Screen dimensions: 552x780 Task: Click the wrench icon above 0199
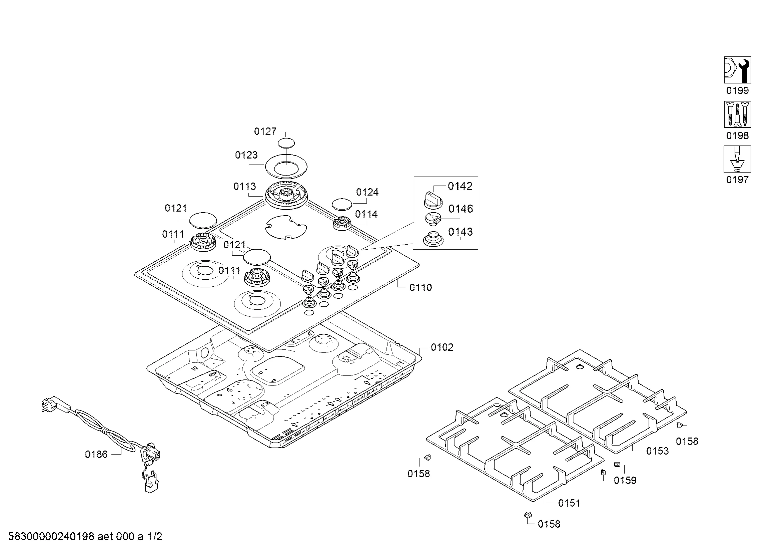pos(737,70)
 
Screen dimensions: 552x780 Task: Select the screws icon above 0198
pos(737,114)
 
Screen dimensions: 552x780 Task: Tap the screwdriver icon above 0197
pos(737,159)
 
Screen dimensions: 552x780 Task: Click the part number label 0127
pos(265,131)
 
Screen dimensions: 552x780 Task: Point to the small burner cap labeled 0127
pos(286,143)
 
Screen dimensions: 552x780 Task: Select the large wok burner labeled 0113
pos(286,197)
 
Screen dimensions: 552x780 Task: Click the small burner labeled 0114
pos(341,223)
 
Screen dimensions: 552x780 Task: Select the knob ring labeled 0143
pos(433,239)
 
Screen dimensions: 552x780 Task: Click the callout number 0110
pos(421,288)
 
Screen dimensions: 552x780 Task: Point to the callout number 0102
pos(442,347)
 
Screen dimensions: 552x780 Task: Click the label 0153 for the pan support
pos(657,451)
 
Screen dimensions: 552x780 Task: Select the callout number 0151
pos(569,503)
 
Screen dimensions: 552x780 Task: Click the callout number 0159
pos(625,480)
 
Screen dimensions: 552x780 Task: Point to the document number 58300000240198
pos(51,537)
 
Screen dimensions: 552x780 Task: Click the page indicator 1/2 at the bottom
pos(154,537)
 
